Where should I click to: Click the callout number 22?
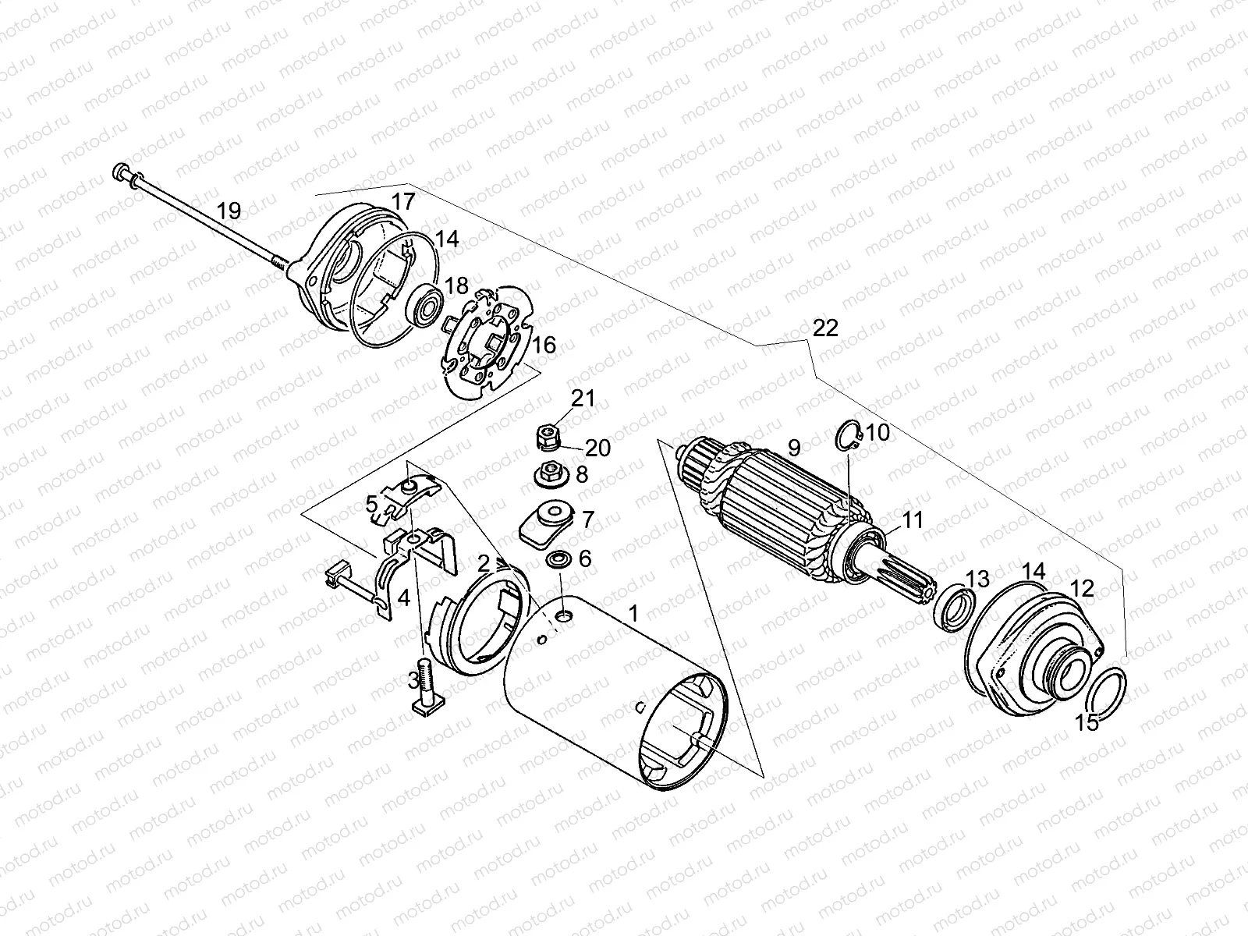824,328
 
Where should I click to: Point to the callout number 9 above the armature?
794,448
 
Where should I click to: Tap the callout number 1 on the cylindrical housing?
633,614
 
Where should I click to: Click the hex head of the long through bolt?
123,172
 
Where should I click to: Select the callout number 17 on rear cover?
402,201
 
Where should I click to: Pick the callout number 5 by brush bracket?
372,503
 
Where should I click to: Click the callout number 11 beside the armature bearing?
912,519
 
